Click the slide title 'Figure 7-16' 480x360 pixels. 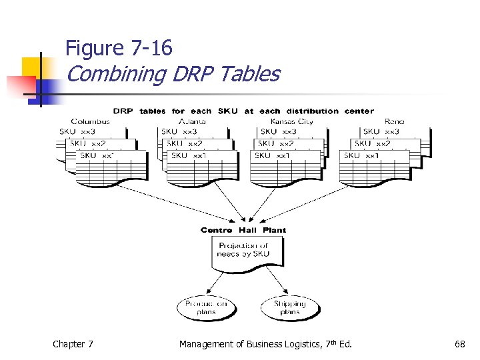[x=119, y=48]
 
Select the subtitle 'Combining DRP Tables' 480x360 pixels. [x=173, y=74]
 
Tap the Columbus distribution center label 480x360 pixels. [x=90, y=121]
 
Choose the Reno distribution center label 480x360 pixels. [x=393, y=121]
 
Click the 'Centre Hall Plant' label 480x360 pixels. [x=243, y=230]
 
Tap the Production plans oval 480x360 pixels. [x=206, y=307]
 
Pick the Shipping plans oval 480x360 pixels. [x=289, y=307]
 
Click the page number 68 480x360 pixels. [x=459, y=344]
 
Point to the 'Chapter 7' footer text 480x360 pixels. [x=73, y=344]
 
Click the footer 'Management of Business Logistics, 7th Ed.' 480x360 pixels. [x=265, y=344]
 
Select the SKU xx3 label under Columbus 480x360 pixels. [x=77, y=131]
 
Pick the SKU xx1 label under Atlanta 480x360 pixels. [x=189, y=155]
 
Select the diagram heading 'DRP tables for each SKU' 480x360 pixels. [x=243, y=111]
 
